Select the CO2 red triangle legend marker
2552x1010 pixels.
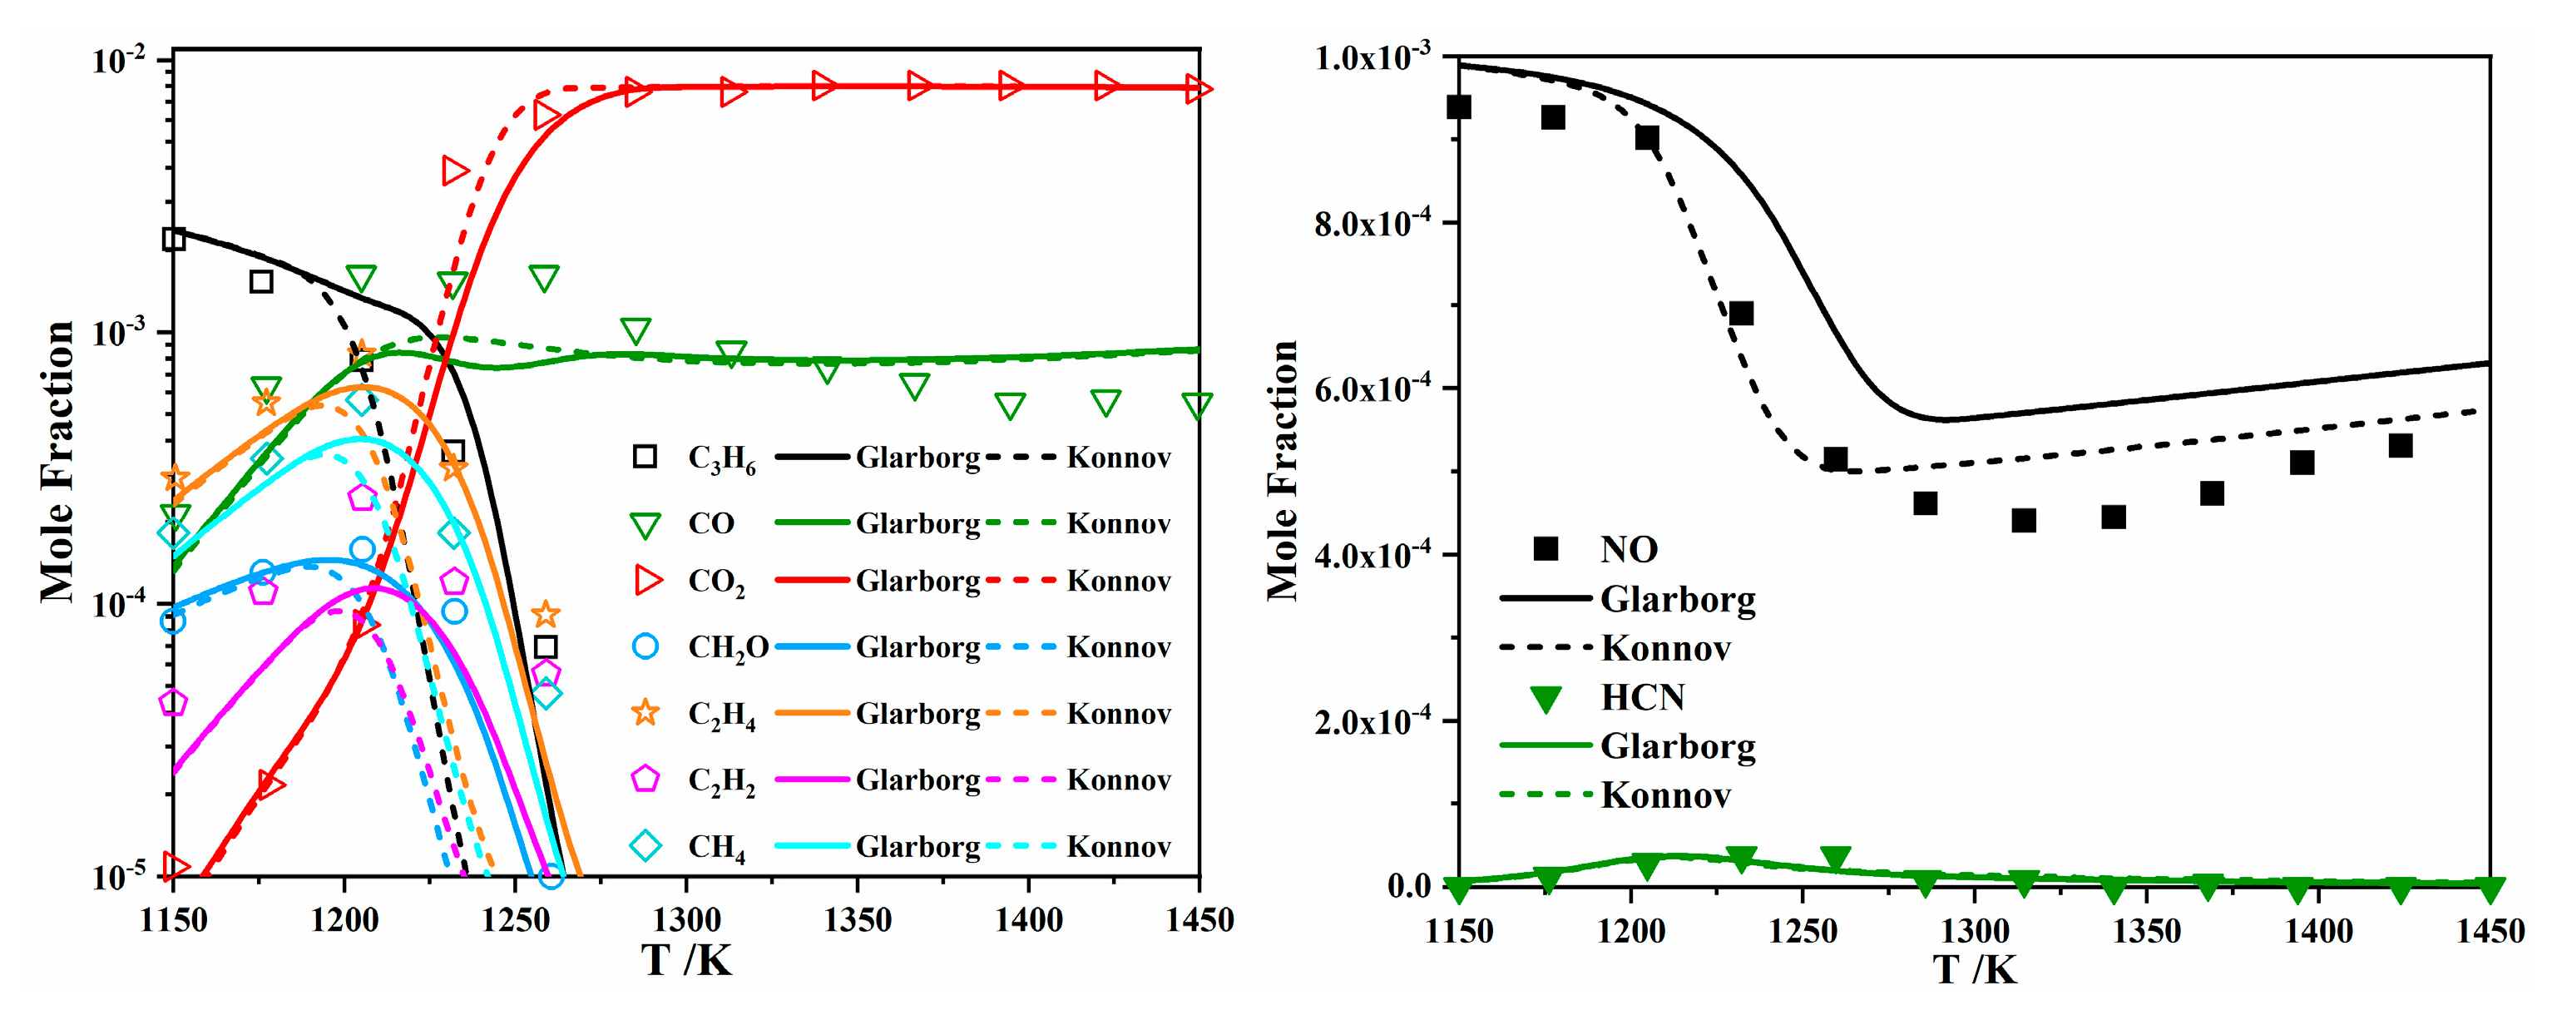[x=647, y=581]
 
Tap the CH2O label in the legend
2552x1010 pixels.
[x=728, y=647]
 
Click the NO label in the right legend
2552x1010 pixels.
[x=1629, y=549]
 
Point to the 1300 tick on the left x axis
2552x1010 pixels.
[x=686, y=921]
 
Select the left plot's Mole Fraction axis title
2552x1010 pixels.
[x=57, y=461]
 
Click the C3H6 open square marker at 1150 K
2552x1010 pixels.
[x=173, y=239]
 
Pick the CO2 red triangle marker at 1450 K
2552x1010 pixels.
[x=1198, y=89]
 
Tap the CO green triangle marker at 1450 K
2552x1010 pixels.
[x=1197, y=405]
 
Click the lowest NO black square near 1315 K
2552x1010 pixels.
[x=2023, y=520]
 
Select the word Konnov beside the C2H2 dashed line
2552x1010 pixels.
[x=1119, y=780]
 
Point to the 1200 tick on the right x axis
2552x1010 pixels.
[x=1630, y=931]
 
